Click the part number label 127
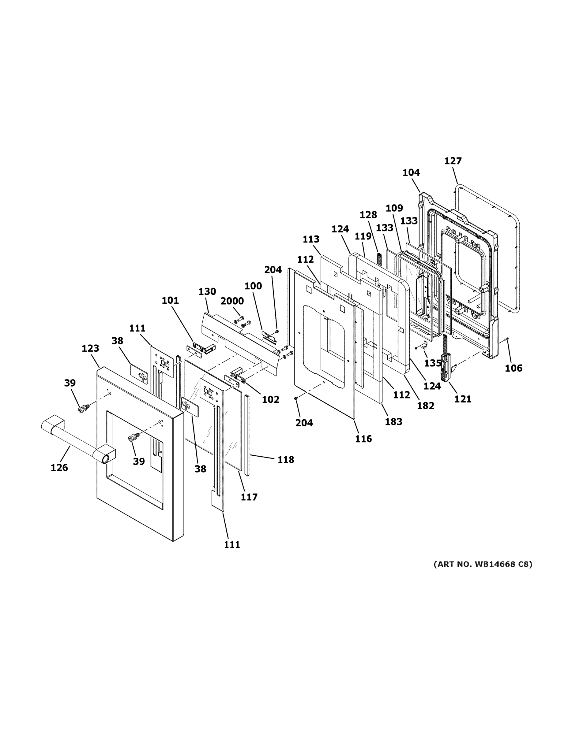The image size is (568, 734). coord(453,161)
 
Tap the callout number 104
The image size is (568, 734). coord(411,172)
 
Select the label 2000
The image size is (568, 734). coord(232,301)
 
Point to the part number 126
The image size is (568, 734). coord(59,468)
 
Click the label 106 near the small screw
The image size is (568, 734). coord(513,368)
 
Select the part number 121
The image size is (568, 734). coord(463,399)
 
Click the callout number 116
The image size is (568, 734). coord(363,439)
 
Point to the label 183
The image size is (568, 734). coord(393,421)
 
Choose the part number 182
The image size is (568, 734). coord(426,406)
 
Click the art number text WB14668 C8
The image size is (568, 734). coord(483,564)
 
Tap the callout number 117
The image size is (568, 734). coord(249,497)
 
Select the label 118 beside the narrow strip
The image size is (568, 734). coord(286,459)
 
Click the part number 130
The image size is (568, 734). coord(207,291)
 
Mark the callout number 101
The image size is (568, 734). coord(170,300)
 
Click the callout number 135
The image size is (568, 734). coord(433,363)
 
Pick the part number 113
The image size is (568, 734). coord(310,239)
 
